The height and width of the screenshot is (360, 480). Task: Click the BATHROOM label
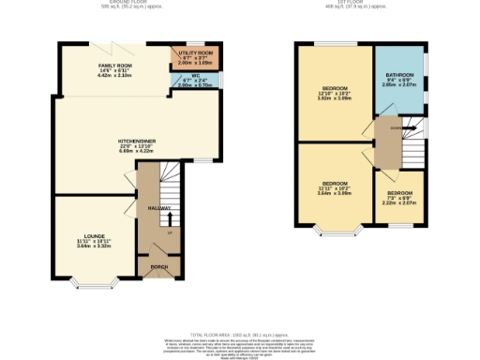pos(399,77)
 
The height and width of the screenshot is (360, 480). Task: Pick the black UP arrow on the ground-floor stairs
pos(170,222)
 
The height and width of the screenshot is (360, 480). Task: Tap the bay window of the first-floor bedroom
pos(335,229)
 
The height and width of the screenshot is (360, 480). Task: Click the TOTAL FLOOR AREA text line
pos(240,333)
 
